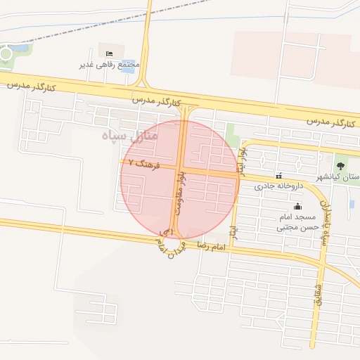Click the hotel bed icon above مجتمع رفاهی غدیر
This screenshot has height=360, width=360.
(x=108, y=54)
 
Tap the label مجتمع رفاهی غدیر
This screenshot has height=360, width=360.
(x=110, y=65)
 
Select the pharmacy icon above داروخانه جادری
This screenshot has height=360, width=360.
(x=280, y=176)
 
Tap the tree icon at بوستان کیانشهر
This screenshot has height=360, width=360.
(x=341, y=166)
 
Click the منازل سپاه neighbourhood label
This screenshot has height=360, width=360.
(x=130, y=134)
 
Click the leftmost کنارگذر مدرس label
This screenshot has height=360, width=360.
(x=31, y=85)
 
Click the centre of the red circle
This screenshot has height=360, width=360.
(x=180, y=179)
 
